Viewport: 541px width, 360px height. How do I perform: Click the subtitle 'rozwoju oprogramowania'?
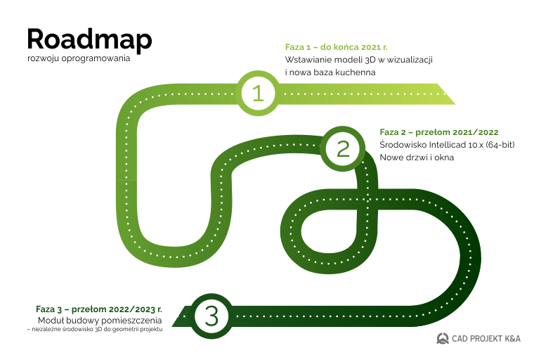coord(79,58)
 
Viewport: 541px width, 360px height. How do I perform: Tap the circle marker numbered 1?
coord(258,93)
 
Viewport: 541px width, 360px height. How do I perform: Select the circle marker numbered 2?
coord(343,148)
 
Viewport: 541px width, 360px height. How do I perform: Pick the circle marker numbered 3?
coord(211,316)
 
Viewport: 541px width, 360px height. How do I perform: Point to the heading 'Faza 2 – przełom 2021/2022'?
coord(439,131)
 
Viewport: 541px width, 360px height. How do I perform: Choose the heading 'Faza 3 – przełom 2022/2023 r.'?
coord(99,309)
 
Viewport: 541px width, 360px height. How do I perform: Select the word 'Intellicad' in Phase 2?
coord(447,145)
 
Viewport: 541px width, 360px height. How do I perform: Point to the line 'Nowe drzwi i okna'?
coord(417,157)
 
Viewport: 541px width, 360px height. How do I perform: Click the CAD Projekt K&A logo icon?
coord(443,338)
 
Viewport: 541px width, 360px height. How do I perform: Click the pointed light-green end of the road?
coord(445,94)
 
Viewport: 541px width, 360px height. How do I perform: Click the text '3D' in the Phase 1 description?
coord(369,60)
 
